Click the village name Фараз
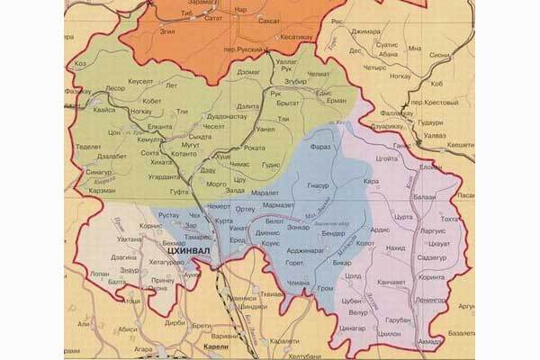(320, 146)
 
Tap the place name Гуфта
(179, 191)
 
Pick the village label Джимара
(366, 31)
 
